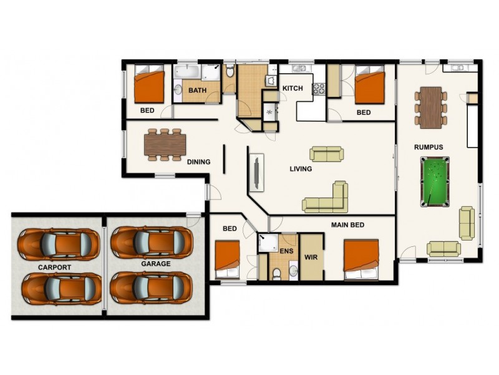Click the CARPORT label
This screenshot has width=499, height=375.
[x=54, y=267]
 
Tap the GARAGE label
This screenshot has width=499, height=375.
[x=155, y=264]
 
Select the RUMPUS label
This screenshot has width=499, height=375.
[x=428, y=147]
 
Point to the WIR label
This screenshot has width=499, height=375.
[x=311, y=257]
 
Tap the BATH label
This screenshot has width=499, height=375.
[x=198, y=91]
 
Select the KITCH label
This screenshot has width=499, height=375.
[x=293, y=88]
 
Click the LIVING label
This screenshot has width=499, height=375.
[x=301, y=169]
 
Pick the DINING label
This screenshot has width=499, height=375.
[x=198, y=162]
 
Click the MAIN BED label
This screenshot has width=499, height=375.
[x=347, y=224]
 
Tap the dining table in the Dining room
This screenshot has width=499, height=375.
[x=165, y=144]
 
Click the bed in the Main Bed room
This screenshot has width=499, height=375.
[x=361, y=258]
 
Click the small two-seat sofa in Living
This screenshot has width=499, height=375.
[x=327, y=154]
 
